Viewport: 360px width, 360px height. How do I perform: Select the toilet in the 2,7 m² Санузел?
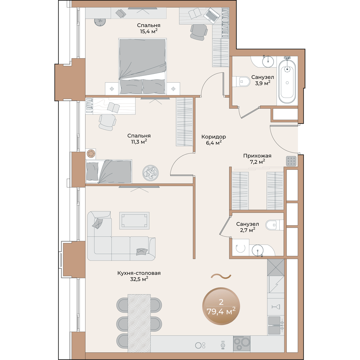[x=274, y=225]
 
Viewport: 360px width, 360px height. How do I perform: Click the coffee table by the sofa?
[x=134, y=220]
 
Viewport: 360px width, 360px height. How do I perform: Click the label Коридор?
[x=214, y=137]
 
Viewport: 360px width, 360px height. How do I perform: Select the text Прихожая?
[x=257, y=156]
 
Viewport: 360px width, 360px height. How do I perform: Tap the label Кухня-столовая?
[x=139, y=273]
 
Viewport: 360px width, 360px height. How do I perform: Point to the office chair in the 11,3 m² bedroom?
[x=107, y=122]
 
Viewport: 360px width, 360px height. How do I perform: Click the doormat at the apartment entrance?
[x=291, y=161]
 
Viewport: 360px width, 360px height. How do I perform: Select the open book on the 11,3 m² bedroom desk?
[x=113, y=107]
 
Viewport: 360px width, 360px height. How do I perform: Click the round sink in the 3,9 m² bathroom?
[x=268, y=61]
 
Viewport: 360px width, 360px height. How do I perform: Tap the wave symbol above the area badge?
[x=221, y=276]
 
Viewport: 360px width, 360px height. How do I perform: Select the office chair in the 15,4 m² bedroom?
[x=199, y=32]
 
